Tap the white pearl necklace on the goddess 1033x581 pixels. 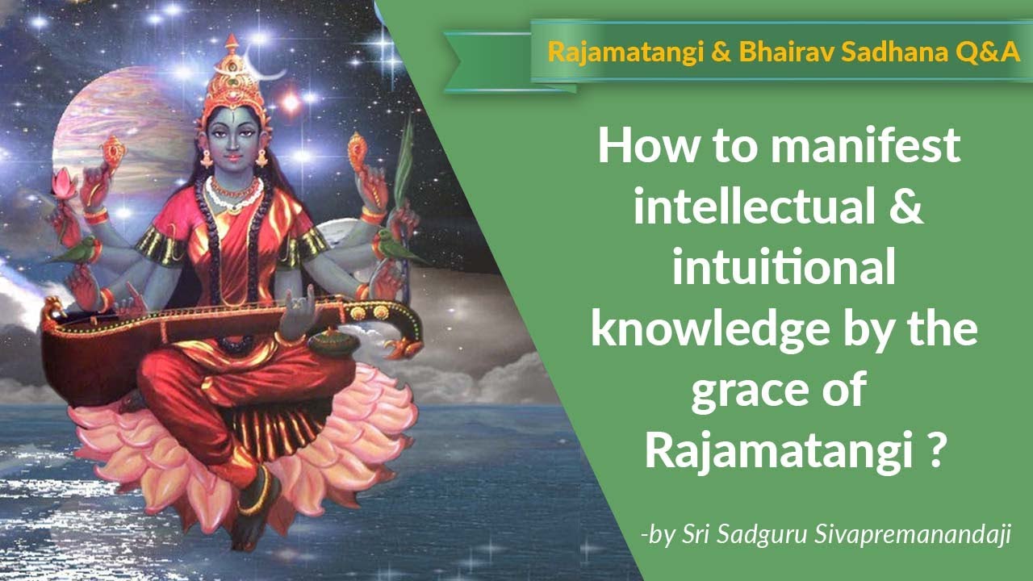click(234, 194)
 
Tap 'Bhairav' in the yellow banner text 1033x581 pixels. click(739, 52)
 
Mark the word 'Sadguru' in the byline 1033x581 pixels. click(759, 535)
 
